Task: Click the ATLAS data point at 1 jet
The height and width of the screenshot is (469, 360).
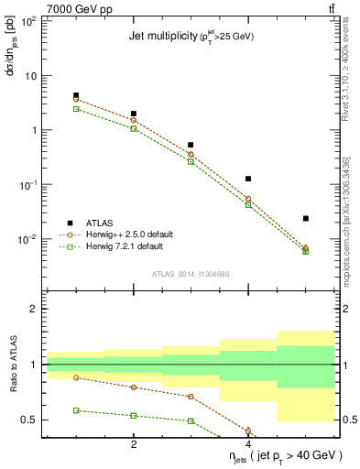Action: coord(76,95)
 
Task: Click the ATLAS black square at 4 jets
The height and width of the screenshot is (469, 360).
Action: coord(248,179)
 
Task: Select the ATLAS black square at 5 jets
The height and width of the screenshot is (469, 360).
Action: coord(306,218)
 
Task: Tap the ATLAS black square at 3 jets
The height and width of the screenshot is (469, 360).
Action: coord(191,145)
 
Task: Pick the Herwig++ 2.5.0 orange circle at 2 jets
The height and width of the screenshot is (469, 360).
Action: coord(134,120)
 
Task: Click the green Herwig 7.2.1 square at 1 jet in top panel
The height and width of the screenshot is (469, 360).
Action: coord(76,108)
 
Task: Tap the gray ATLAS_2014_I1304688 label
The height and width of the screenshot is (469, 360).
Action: coord(190,274)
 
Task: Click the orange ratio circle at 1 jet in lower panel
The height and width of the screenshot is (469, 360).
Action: coord(76,377)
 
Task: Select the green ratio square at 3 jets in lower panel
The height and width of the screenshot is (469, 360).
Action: coord(191,420)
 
